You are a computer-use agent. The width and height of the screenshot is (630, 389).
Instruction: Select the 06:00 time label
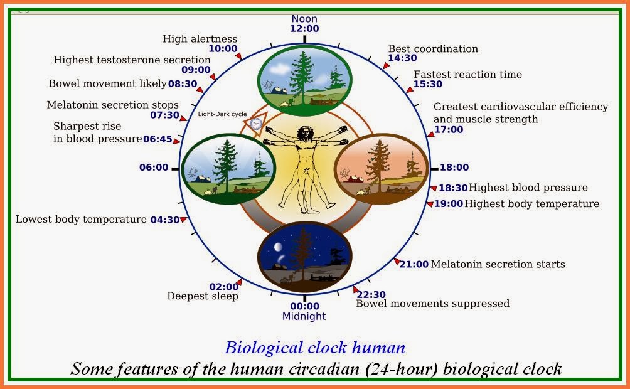click(x=154, y=167)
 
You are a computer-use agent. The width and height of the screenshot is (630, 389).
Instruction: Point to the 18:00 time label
click(x=454, y=167)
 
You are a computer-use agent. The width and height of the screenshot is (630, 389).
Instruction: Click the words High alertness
click(x=200, y=39)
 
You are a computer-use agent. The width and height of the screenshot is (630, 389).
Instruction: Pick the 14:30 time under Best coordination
click(x=402, y=58)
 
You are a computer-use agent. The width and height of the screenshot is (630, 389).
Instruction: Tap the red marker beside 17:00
click(x=430, y=134)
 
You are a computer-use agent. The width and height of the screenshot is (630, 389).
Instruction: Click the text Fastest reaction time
click(x=467, y=74)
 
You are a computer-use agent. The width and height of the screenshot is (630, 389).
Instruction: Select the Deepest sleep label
click(x=203, y=296)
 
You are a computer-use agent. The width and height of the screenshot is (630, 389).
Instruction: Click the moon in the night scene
click(x=277, y=247)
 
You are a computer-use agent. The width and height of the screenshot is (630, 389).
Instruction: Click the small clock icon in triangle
click(x=255, y=124)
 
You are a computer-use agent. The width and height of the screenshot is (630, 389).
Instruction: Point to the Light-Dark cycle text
click(x=222, y=114)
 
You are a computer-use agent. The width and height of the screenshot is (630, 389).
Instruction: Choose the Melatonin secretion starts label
click(x=498, y=264)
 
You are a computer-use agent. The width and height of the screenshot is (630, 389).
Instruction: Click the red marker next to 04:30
click(x=184, y=220)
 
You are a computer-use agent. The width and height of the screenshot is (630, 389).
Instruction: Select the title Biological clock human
click(x=315, y=348)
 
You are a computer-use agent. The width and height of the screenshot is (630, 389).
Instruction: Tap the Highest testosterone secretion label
click(x=132, y=60)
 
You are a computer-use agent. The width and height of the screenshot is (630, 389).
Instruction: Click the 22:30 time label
click(x=371, y=294)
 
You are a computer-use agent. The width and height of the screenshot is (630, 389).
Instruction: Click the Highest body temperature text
click(x=531, y=204)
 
